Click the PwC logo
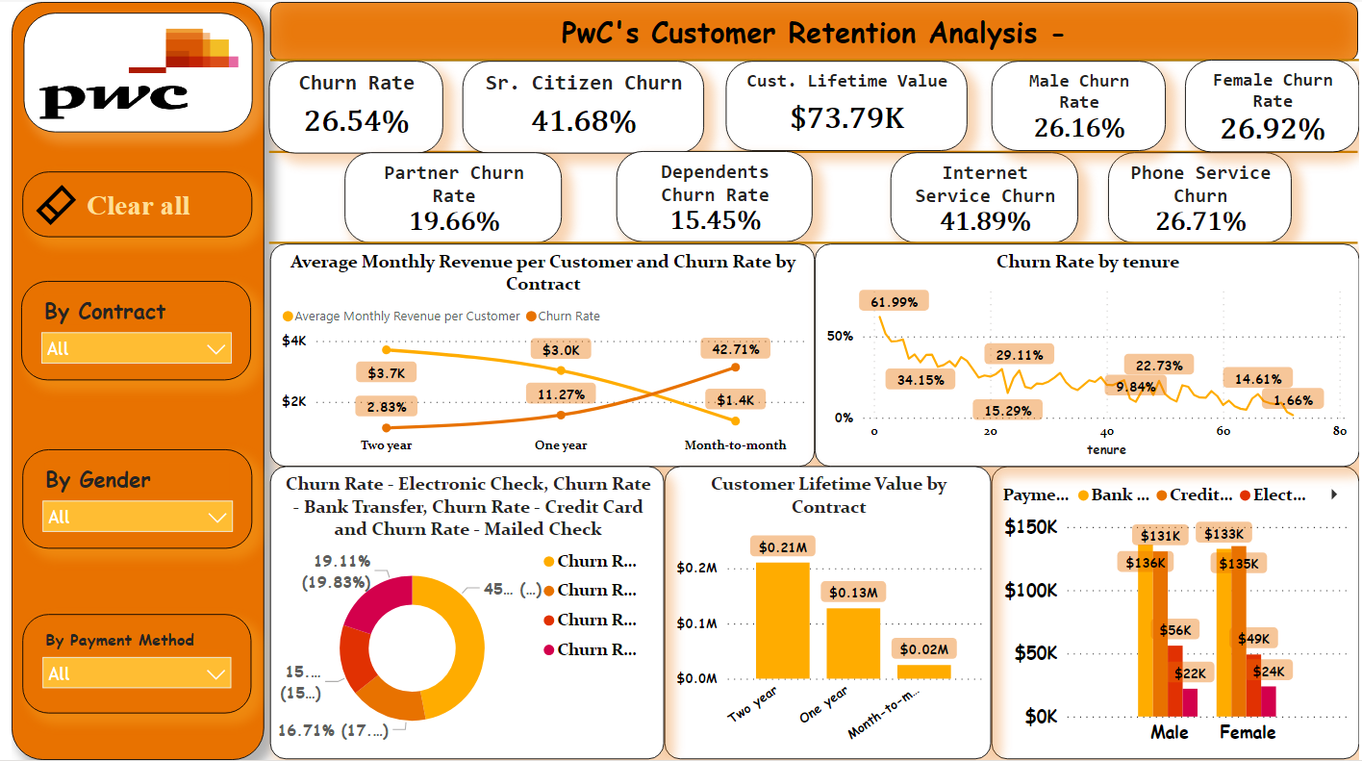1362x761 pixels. click(x=138, y=73)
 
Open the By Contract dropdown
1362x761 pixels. click(x=136, y=348)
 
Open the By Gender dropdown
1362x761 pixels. click(x=136, y=517)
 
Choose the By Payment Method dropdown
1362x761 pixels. click(x=136, y=673)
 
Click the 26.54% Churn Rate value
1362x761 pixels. click(x=356, y=121)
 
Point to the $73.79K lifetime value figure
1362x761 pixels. click(x=846, y=117)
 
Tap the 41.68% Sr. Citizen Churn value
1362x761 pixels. click(x=583, y=121)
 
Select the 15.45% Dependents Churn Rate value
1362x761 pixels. click(x=715, y=221)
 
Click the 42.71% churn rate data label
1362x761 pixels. click(x=736, y=349)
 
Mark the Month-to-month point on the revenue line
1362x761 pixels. click(x=736, y=420)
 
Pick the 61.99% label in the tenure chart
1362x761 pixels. click(x=894, y=302)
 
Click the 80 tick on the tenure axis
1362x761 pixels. click(x=1340, y=432)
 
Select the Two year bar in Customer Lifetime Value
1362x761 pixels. click(x=782, y=621)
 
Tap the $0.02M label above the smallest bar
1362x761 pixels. click(x=923, y=649)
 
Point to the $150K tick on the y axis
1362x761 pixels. click(x=1030, y=527)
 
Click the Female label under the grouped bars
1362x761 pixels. click(x=1247, y=733)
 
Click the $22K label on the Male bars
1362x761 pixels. click(x=1190, y=674)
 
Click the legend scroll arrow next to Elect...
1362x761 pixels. click(x=1334, y=495)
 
